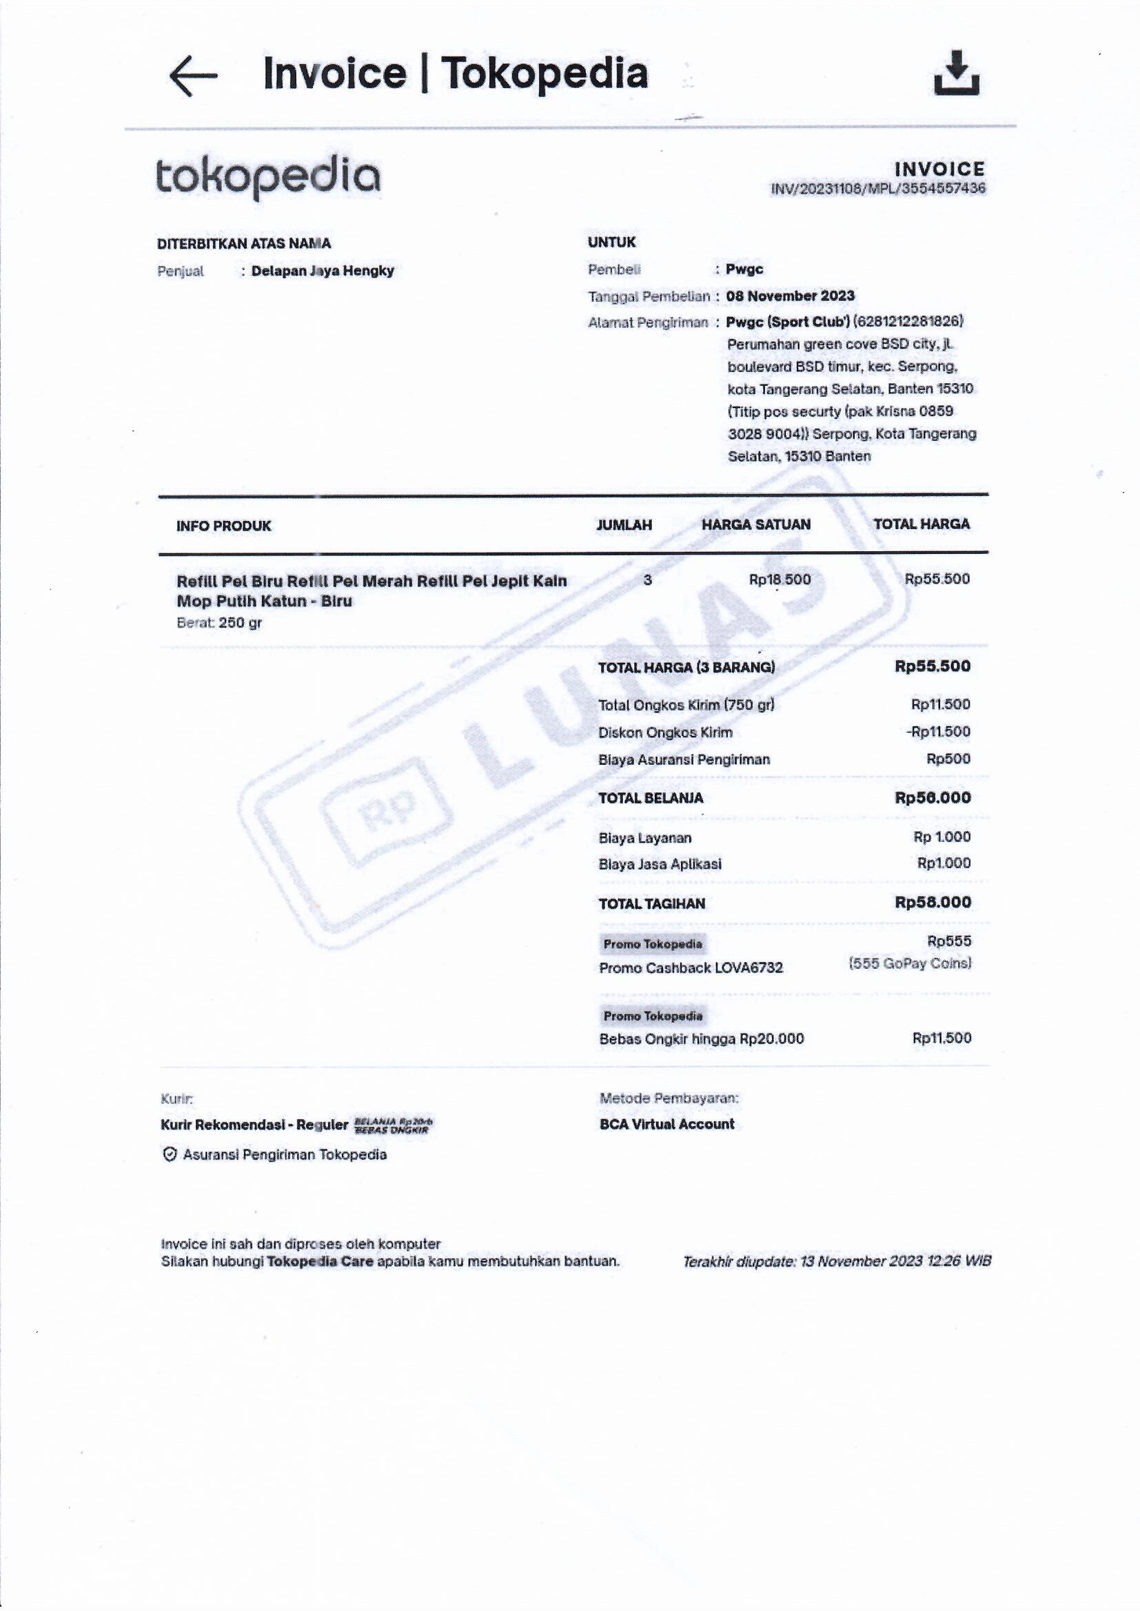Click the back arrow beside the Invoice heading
point(193,75)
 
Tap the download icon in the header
point(956,73)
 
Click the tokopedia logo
point(267,178)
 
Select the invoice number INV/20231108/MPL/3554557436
point(877,189)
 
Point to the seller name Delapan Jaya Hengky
point(322,271)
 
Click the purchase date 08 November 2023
point(791,296)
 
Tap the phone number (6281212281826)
point(908,322)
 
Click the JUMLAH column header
point(623,525)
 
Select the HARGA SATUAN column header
point(755,524)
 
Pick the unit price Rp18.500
point(780,579)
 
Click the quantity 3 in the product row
point(647,580)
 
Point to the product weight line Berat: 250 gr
point(219,623)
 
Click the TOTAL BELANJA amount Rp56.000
point(933,798)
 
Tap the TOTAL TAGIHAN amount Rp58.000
point(933,903)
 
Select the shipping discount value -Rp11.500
point(938,732)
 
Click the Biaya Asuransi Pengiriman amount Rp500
point(948,759)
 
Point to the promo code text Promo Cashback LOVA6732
point(691,968)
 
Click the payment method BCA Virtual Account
point(666,1124)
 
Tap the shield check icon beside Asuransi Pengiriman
point(169,1154)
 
